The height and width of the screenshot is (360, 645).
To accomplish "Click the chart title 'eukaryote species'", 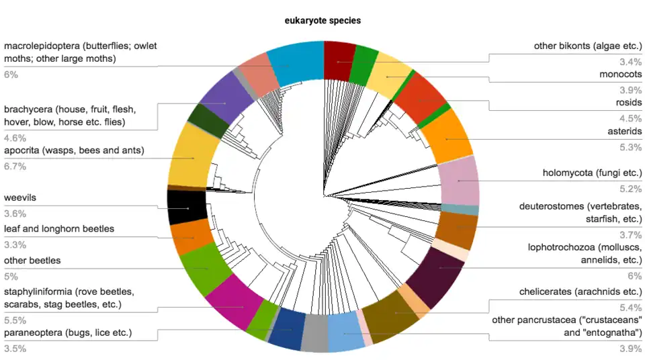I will [x=322, y=21].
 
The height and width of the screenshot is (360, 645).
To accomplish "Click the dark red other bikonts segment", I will [x=339, y=61].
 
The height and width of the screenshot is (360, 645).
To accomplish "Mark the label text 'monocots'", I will [x=621, y=74].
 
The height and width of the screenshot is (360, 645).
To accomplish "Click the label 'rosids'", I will [x=628, y=103].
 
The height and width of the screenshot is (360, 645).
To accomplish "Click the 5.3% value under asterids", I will [x=631, y=147].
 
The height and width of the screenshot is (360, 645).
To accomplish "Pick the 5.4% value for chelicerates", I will [x=631, y=308].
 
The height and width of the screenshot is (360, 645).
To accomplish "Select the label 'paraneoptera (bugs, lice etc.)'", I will [x=68, y=332].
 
